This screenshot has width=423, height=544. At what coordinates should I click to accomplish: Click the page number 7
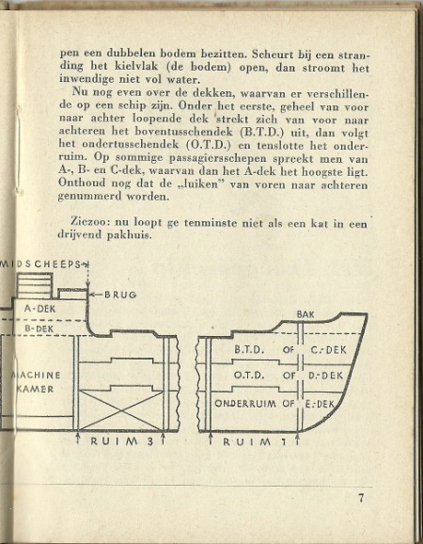coord(361,499)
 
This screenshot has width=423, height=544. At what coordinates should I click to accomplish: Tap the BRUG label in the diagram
coord(120,295)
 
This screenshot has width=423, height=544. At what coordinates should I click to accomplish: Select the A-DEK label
coord(39,309)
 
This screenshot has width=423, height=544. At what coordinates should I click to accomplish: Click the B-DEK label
coord(39,328)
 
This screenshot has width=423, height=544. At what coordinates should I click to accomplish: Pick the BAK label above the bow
coord(305,314)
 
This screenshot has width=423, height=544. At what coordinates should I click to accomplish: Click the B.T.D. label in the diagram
coord(249,349)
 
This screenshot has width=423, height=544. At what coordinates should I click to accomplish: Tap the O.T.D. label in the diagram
coord(249,376)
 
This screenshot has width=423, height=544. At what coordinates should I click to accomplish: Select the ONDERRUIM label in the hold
coord(245,404)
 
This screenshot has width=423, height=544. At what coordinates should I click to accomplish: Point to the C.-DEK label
coord(328,350)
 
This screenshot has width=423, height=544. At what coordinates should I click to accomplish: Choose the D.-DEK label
coord(325,376)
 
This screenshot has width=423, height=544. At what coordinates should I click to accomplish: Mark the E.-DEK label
coord(321,404)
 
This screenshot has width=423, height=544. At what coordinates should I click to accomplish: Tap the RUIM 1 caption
coord(255,441)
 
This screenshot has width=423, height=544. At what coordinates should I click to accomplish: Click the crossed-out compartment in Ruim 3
coord(121,410)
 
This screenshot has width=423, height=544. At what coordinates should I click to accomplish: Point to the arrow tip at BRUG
coord(90,296)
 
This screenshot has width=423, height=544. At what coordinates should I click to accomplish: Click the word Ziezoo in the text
coord(89,221)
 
